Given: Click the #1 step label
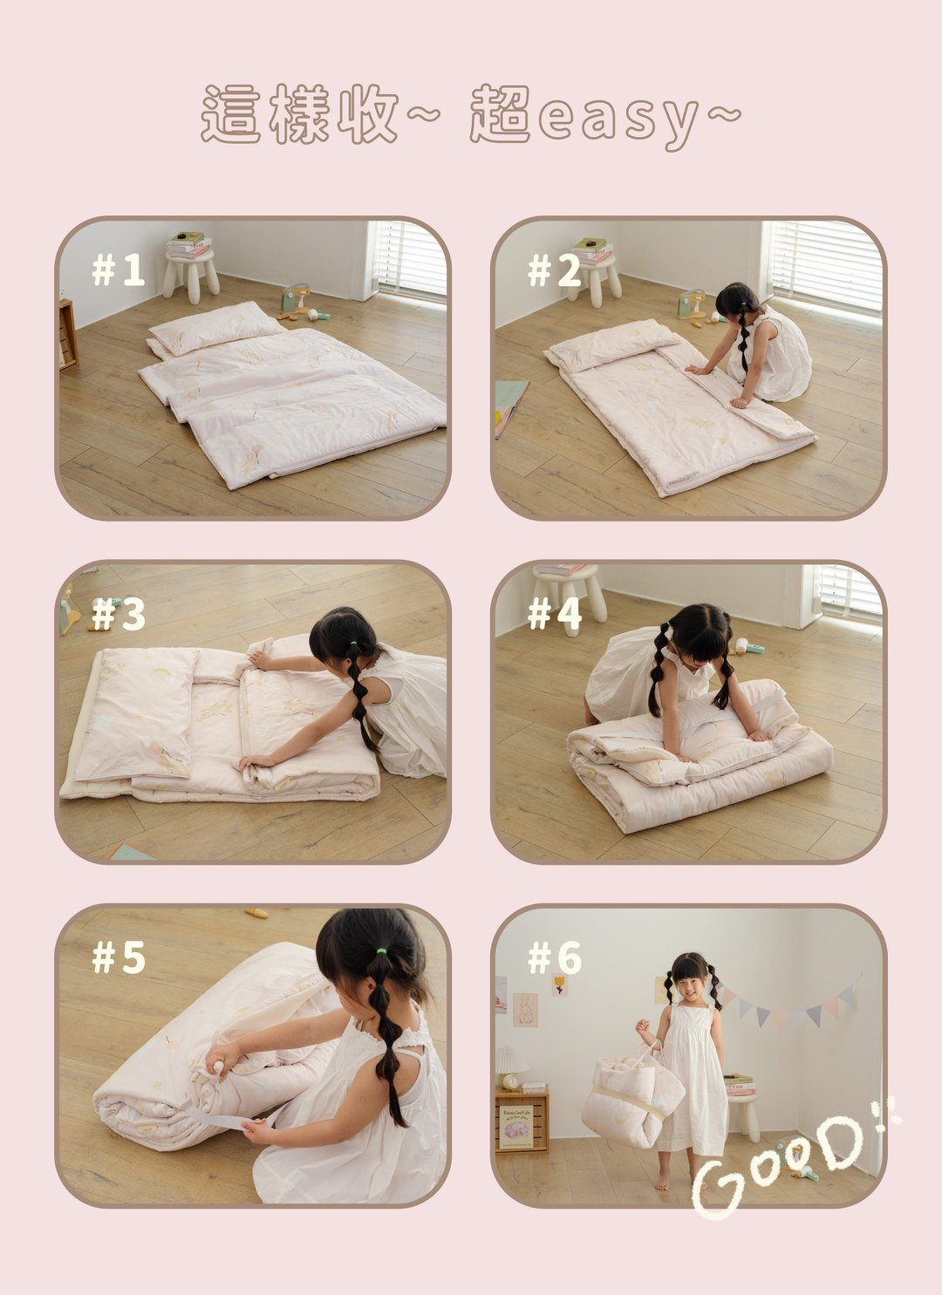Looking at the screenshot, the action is point(118,269).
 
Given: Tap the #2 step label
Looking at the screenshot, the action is point(554,269).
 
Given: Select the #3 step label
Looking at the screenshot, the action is point(118,614).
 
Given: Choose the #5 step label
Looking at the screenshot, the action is point(118,958).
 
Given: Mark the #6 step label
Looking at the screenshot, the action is point(555,958).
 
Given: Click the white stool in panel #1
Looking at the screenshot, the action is point(191,276).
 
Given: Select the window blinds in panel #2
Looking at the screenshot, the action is point(826,265).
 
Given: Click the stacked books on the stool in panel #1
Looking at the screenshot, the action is point(188,244).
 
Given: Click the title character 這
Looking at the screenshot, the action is point(231,113).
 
